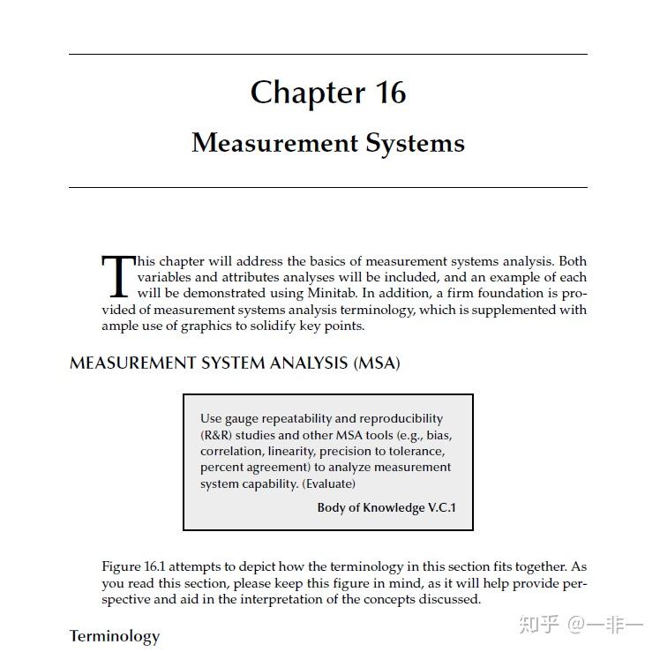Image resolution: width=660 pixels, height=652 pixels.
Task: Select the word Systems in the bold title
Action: tap(415, 143)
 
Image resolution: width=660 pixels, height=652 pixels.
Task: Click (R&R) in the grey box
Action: tap(216, 435)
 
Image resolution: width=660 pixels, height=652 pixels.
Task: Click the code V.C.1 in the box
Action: tap(439, 507)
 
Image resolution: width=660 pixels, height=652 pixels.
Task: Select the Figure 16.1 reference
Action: tap(133, 566)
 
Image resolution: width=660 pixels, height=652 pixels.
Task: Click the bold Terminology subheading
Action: tap(115, 636)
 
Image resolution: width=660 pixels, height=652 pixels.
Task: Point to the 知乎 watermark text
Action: tap(538, 625)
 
